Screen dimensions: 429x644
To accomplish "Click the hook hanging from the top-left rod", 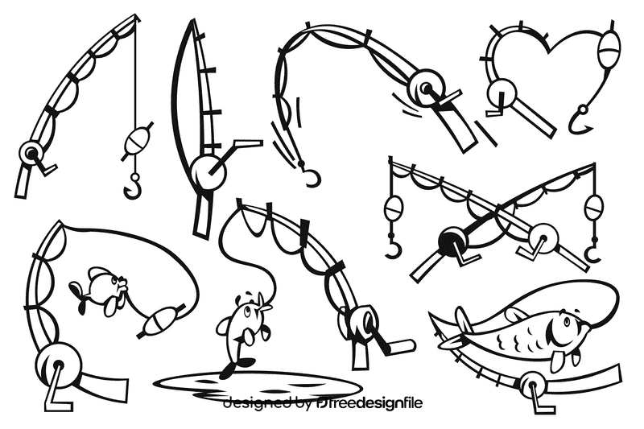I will point(132,188).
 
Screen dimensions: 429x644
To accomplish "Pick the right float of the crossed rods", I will point(594,208).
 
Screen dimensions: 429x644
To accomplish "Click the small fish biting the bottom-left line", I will point(98,288).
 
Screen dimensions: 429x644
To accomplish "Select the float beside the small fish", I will point(159,320).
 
